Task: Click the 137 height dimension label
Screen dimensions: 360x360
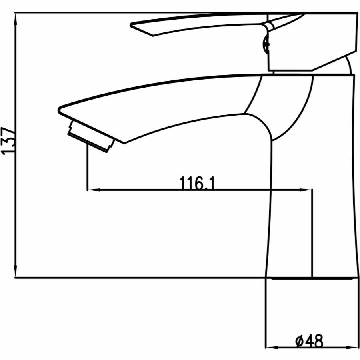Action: click(9, 141)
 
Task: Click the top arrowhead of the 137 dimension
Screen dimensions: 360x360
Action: click(15, 18)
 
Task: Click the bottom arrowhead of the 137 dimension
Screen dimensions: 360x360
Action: click(15, 272)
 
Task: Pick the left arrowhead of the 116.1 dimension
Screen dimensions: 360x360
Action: click(92, 190)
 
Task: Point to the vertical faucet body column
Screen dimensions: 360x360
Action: click(312, 200)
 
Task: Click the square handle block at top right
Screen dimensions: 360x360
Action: click(312, 44)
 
